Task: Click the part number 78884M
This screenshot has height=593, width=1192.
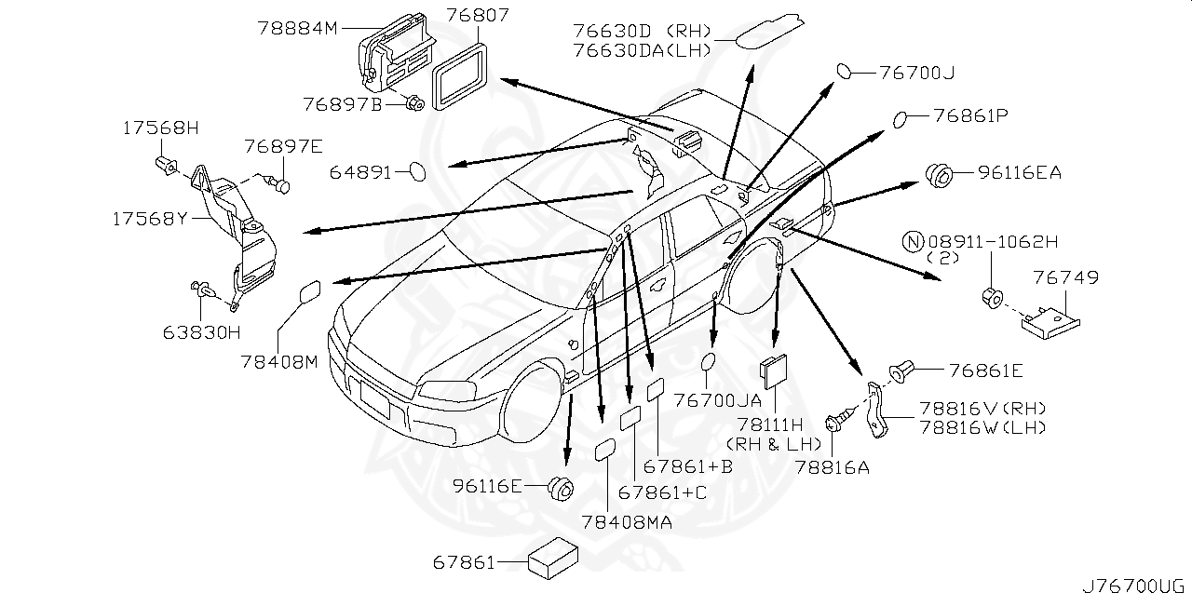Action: [x=297, y=28]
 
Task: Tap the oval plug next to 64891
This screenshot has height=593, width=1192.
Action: [x=417, y=171]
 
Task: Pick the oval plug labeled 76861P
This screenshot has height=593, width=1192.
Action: [x=901, y=118]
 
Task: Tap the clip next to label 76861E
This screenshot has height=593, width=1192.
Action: [x=901, y=372]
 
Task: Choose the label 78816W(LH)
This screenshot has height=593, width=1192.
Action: [x=982, y=427]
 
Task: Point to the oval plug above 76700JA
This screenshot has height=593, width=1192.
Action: [x=709, y=362]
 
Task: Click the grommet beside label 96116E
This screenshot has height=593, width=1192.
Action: [x=561, y=486]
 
